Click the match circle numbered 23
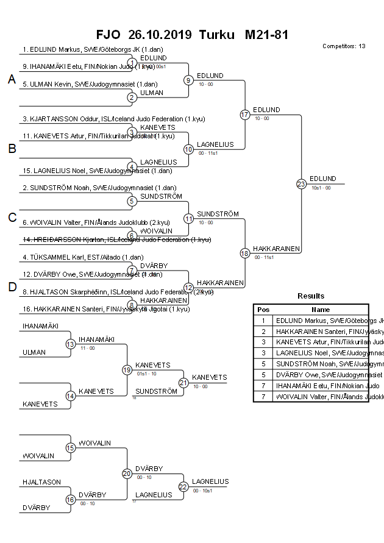point(300,183)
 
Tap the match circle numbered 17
point(244,115)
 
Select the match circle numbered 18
point(244,253)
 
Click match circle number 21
point(183,383)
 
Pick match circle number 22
point(183,486)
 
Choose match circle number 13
point(70,344)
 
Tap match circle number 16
point(70,500)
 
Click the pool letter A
point(11,80)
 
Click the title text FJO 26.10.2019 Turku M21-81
point(192,35)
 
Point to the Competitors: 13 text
point(344,46)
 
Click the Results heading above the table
point(311,296)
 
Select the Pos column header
point(263,310)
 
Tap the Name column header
point(321,310)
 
